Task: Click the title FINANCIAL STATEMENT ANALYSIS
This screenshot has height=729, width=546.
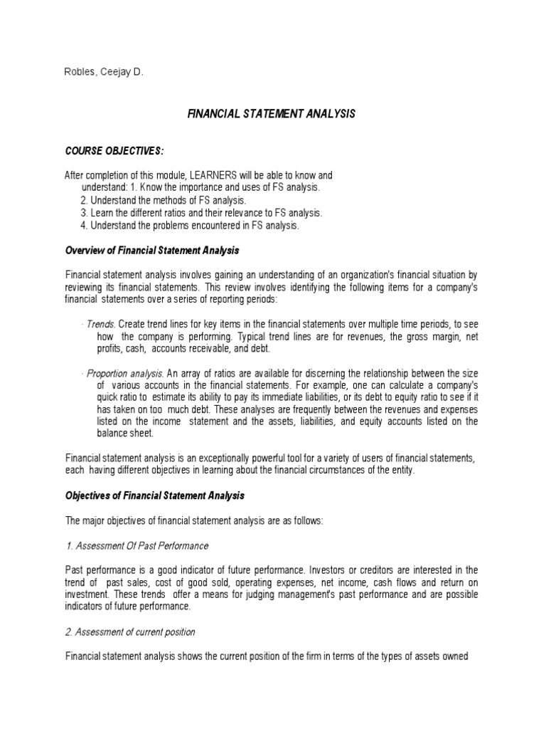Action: (x=271, y=113)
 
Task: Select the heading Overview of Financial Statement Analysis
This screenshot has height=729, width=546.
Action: (x=152, y=251)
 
